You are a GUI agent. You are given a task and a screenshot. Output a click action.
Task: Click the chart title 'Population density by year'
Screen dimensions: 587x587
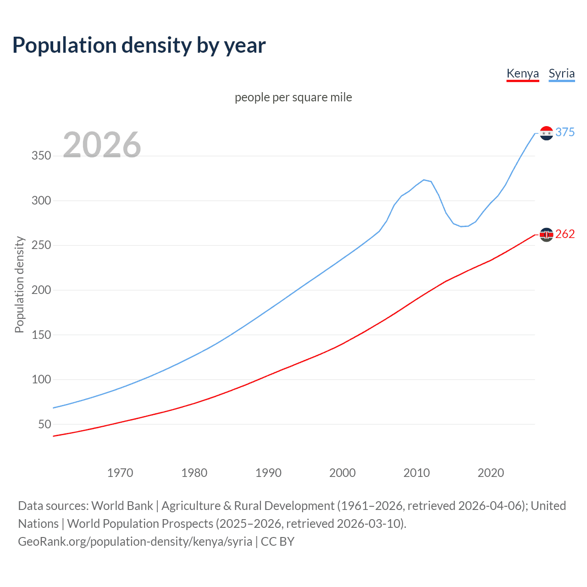[x=139, y=45]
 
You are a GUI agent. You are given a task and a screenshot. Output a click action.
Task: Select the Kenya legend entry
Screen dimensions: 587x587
[x=522, y=73]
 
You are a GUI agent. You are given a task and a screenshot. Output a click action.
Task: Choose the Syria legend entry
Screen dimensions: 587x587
[x=561, y=73]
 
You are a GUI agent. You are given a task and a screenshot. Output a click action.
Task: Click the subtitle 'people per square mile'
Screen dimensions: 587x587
[x=293, y=97]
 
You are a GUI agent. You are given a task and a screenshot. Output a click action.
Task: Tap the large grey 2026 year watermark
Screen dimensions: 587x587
[x=102, y=145]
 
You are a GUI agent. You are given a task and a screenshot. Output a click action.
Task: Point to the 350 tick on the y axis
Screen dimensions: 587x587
[x=41, y=156]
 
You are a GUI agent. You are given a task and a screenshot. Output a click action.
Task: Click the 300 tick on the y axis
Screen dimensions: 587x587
[x=41, y=201]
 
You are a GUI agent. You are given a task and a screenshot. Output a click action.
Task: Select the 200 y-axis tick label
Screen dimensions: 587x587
[x=41, y=290]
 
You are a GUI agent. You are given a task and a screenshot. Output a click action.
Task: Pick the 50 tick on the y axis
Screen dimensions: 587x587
[x=44, y=425]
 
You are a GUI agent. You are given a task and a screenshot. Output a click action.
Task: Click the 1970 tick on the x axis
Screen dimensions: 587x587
[x=120, y=473]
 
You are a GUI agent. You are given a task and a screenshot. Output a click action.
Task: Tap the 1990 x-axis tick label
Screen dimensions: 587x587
[x=268, y=473]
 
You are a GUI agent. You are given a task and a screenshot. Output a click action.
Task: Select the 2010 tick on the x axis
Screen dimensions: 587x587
[x=416, y=473]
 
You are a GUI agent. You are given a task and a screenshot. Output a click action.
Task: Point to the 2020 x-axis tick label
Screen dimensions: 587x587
[x=491, y=473]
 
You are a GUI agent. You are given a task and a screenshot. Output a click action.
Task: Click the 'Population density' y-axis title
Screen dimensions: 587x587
[x=19, y=284]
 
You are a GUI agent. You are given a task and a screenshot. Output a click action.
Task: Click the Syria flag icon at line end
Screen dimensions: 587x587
[x=546, y=133]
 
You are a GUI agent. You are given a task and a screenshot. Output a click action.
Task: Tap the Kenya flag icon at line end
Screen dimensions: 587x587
[x=546, y=234]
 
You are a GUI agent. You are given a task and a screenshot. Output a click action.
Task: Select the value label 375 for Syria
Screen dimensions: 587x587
[x=565, y=132]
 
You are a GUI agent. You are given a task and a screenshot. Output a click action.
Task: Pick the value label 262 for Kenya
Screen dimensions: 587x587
[x=565, y=234]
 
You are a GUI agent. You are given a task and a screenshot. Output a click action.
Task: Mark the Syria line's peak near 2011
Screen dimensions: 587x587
[x=424, y=180]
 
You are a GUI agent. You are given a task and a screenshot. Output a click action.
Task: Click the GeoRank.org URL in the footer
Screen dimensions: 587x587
[x=135, y=542]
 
